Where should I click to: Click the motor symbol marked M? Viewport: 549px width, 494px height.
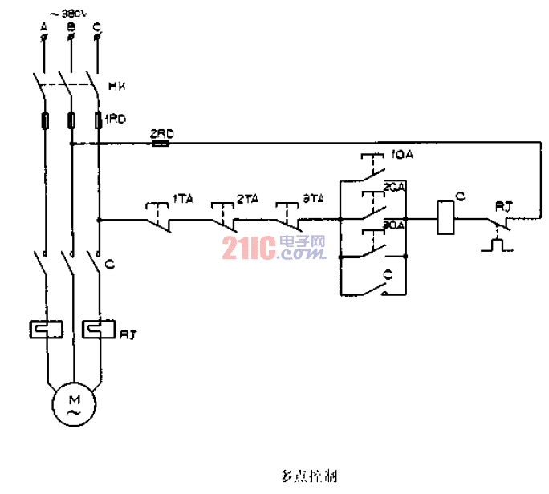[72, 403]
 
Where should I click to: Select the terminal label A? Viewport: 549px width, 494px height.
[44, 27]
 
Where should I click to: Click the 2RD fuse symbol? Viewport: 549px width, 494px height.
[160, 144]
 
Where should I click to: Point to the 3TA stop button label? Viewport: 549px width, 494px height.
[311, 197]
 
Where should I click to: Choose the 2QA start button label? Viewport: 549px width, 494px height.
[395, 187]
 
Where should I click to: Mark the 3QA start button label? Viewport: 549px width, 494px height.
[395, 225]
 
